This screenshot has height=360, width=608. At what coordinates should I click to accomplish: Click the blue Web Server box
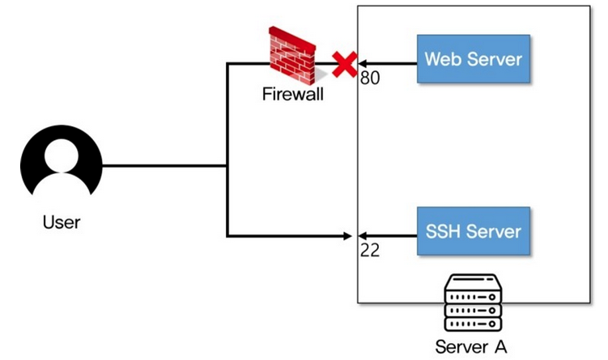(474, 58)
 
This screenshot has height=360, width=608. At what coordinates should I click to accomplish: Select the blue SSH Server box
(474, 231)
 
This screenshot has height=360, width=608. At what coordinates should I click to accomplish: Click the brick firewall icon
(294, 55)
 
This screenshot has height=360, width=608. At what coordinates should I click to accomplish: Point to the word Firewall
(292, 94)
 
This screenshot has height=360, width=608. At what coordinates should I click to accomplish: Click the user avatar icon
(62, 166)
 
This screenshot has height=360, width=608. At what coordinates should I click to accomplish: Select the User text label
(62, 221)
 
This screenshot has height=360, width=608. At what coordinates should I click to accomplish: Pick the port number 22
(369, 250)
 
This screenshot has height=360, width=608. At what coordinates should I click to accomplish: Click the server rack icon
(471, 303)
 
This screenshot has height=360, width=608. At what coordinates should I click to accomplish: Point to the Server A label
(471, 348)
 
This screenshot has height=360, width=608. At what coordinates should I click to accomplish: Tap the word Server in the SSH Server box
(495, 231)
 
